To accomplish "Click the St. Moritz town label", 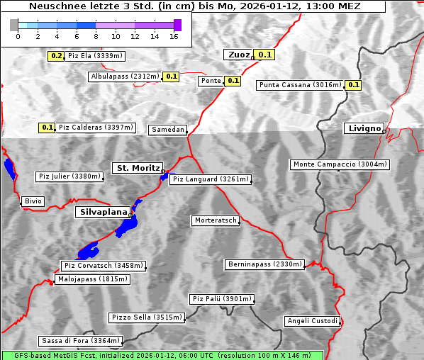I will tap(137, 168).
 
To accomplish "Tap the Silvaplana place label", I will tap(103, 212).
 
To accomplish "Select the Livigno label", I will tap(364, 128).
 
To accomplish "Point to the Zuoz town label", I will tap(238, 55).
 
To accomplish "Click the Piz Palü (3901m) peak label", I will tap(221, 299).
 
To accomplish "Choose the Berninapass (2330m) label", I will tap(265, 264).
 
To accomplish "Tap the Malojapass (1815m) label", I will tap(92, 280).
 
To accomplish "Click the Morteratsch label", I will tap(215, 220).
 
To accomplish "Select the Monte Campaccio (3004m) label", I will tap(340, 164).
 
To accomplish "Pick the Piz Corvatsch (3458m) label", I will tap(104, 266).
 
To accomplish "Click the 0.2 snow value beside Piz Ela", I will tap(57, 55).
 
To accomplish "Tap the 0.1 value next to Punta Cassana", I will tap(354, 85).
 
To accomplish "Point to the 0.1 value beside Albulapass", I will tap(171, 76).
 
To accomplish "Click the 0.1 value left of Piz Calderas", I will tap(48, 128).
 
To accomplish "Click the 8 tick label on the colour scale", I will tap(96, 36).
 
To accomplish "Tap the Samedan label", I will tap(168, 130).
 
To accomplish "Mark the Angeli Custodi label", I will tap(312, 321).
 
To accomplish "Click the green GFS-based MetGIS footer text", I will tap(162, 355).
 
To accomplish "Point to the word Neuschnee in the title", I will tap(52, 6).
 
